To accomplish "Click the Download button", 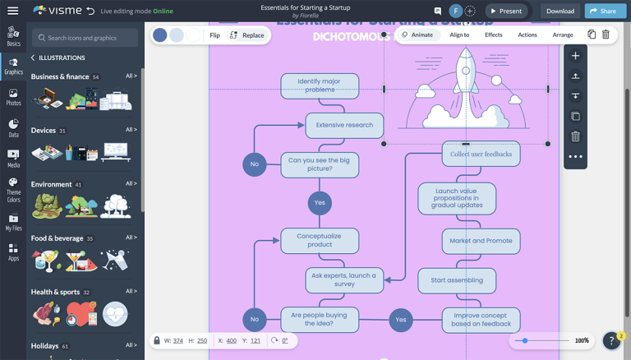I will pyautogui.click(x=560, y=11).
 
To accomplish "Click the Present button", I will pyautogui.click(x=505, y=11).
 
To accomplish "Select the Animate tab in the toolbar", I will pyautogui.click(x=417, y=35).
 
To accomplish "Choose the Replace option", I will pyautogui.click(x=246, y=35).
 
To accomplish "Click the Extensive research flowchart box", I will pyautogui.click(x=344, y=125).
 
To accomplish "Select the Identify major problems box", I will pyautogui.click(x=320, y=85).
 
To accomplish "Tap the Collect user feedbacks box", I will pyautogui.click(x=481, y=154).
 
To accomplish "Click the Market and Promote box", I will pyautogui.click(x=481, y=241).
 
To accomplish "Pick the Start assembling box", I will pyautogui.click(x=457, y=280).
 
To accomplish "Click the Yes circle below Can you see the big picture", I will pyautogui.click(x=320, y=202).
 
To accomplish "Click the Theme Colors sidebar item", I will pyautogui.click(x=13, y=190).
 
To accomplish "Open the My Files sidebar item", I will pyautogui.click(x=13, y=223).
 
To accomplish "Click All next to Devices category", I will pyautogui.click(x=131, y=130).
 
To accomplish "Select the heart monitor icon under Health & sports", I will pyautogui.click(x=115, y=313).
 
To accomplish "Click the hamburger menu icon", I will pyautogui.click(x=12, y=11).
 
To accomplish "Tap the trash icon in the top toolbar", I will pyautogui.click(x=606, y=35).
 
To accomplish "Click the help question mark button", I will pyautogui.click(x=611, y=340).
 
